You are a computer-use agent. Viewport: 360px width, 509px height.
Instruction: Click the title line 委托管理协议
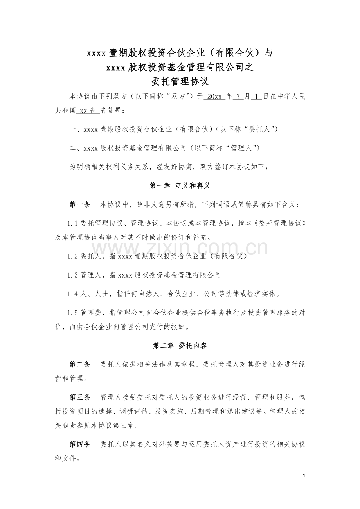pyautogui.click(x=180, y=81)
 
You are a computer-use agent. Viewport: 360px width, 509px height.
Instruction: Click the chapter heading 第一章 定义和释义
pyautogui.click(x=180, y=186)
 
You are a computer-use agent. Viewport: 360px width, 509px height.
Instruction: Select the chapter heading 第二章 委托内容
pyautogui.click(x=180, y=346)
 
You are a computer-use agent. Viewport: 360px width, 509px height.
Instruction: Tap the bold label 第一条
pyautogui.click(x=80, y=204)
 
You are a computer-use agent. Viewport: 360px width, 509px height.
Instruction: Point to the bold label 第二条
pyautogui.click(x=80, y=364)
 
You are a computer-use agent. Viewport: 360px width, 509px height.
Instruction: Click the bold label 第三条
pyautogui.click(x=80, y=397)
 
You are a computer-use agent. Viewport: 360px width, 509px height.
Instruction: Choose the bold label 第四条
pyautogui.click(x=80, y=444)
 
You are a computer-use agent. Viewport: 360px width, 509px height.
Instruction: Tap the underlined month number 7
pyautogui.click(x=238, y=97)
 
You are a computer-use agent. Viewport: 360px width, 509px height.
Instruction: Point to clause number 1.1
pyautogui.click(x=73, y=223)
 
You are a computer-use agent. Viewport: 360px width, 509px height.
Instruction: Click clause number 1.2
pyautogui.click(x=73, y=256)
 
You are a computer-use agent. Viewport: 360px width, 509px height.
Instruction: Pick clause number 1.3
pyautogui.click(x=73, y=275)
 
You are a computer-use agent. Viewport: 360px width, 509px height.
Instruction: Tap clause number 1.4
pyautogui.click(x=73, y=294)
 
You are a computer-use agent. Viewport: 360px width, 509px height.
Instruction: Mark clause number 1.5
pyautogui.click(x=73, y=312)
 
